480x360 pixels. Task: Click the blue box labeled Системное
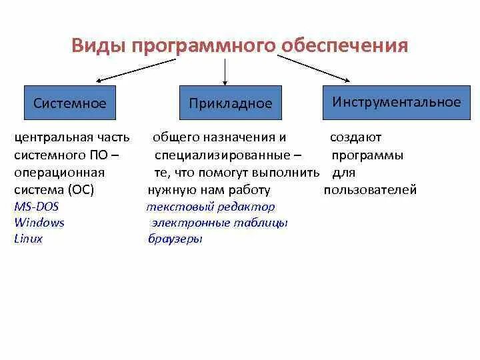click(70, 103)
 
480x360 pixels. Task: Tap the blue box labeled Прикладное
click(231, 103)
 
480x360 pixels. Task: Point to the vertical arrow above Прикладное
click(227, 71)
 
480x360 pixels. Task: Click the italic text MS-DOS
click(36, 207)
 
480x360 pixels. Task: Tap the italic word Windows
click(39, 223)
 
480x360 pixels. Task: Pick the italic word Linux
click(28, 239)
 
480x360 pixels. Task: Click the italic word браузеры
click(175, 239)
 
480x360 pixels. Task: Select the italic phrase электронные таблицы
click(219, 223)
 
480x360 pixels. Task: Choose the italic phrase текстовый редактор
click(211, 207)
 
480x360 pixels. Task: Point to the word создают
click(355, 138)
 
